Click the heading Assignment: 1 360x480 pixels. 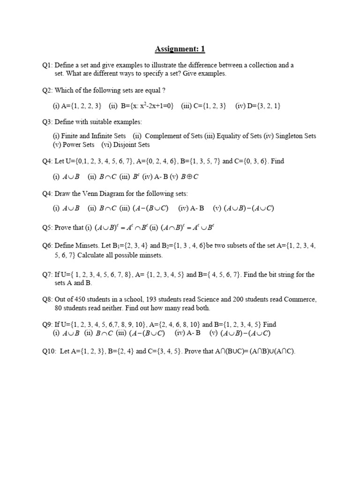(180, 49)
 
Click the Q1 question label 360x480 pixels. (47, 66)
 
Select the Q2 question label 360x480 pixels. (47, 90)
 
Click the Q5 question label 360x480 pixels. (47, 228)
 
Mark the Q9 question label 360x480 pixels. (47, 324)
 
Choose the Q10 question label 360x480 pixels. (49, 352)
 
